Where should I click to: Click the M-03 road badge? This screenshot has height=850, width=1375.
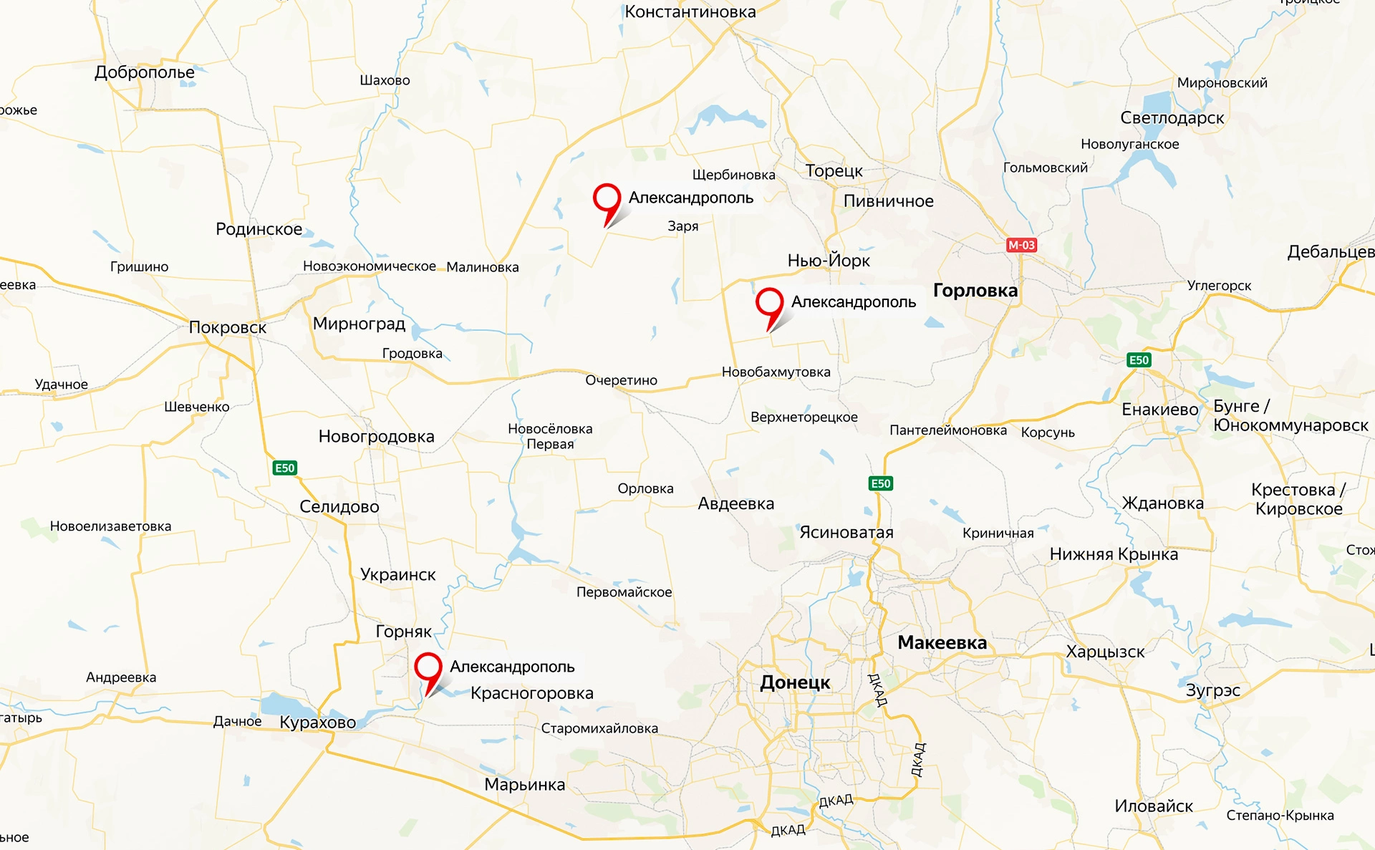1021,245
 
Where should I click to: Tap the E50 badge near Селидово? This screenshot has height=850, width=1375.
284,468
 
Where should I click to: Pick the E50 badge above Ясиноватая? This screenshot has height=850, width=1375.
880,483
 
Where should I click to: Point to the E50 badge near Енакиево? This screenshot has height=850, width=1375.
1139,360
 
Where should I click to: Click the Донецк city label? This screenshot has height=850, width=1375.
795,682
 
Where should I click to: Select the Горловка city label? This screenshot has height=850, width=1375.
975,291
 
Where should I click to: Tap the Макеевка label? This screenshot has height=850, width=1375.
942,643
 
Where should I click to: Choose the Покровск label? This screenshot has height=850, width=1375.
227,327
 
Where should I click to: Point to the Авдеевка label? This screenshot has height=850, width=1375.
735,504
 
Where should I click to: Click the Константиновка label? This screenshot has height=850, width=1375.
690,11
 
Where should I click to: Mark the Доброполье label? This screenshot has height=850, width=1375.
144,72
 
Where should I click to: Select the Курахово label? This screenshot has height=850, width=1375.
317,722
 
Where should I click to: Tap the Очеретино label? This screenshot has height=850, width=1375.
621,380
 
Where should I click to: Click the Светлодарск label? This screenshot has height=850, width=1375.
1172,118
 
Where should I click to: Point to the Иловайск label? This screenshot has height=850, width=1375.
1153,806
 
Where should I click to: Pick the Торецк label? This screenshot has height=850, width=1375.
834,171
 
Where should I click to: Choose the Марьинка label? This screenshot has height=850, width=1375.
524,785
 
